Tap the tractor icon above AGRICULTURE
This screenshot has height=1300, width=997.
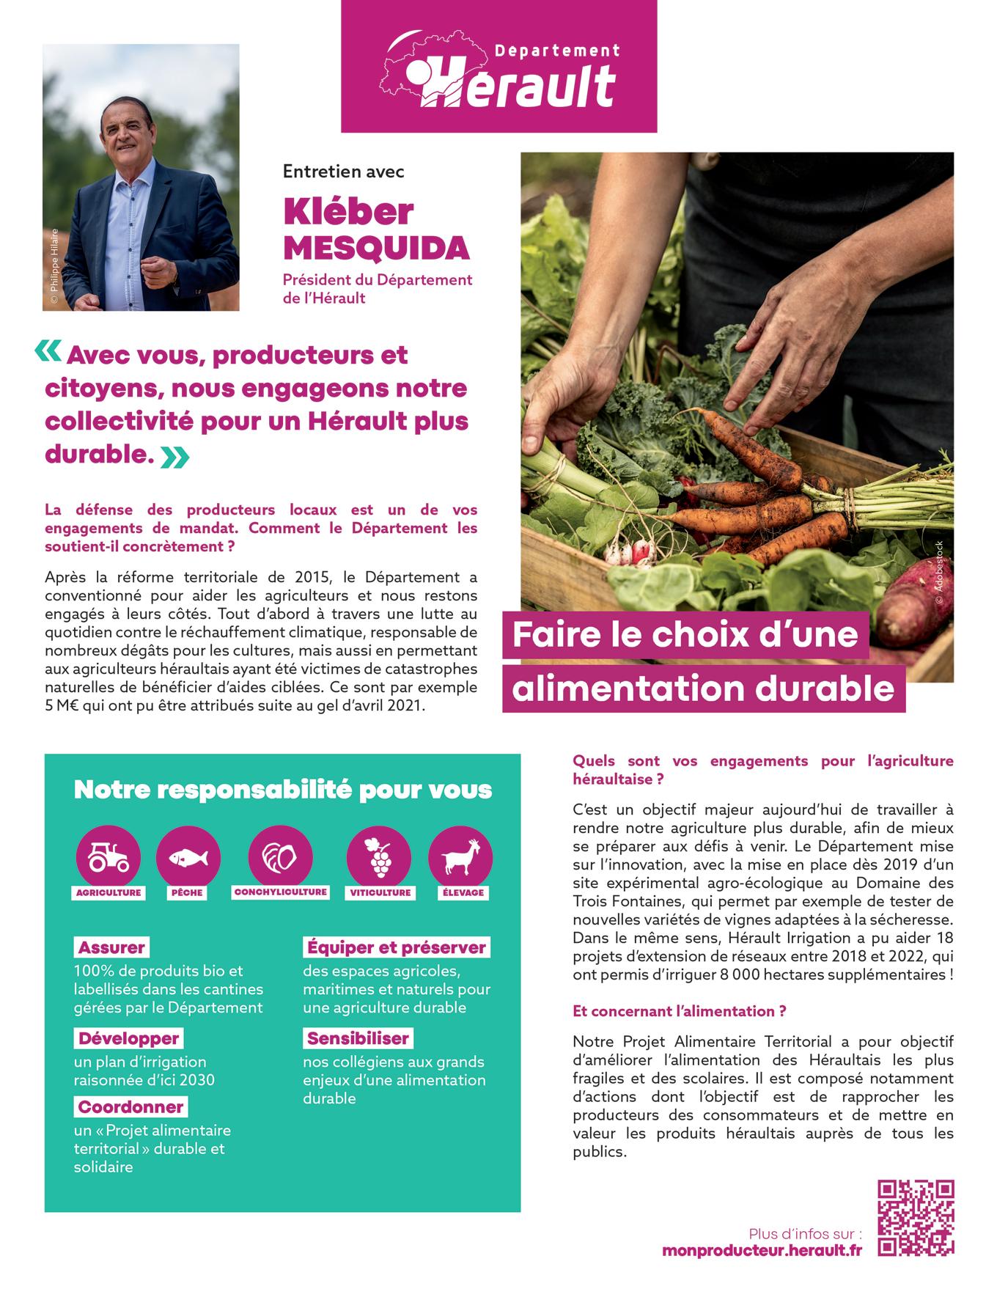[x=108, y=856]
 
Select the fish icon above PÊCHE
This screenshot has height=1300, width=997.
[x=188, y=856]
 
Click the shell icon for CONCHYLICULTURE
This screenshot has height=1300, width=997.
[x=280, y=856]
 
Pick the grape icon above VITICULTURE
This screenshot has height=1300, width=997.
[x=379, y=856]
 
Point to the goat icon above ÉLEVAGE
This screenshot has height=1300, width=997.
[x=460, y=856]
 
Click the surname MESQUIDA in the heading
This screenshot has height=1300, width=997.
[x=376, y=249]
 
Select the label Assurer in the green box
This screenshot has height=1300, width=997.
[x=111, y=947]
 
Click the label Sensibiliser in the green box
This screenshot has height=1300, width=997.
[x=358, y=1038]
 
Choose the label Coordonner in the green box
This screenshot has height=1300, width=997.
[x=130, y=1106]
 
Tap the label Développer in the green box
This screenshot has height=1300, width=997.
[x=128, y=1038]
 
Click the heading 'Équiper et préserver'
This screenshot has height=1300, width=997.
[x=396, y=947]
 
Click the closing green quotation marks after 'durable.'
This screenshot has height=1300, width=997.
[x=174, y=458]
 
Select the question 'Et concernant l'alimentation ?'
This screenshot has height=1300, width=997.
[x=680, y=1011]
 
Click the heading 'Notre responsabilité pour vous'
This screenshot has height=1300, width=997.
[x=283, y=790]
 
